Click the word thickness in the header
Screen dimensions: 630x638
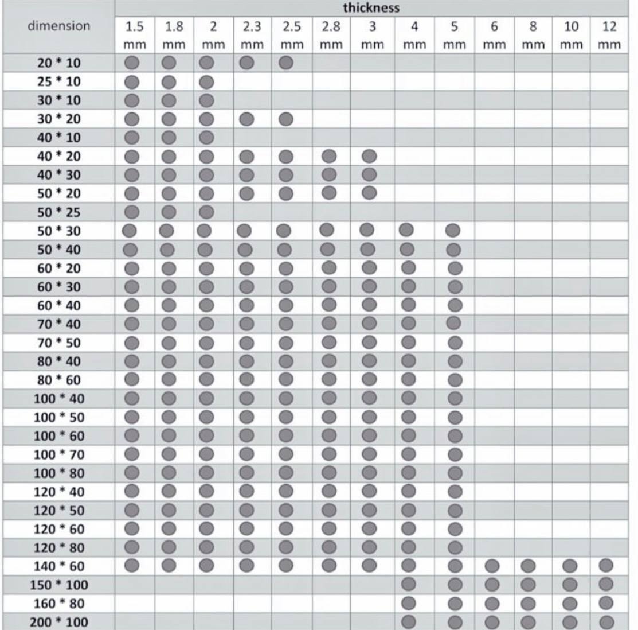point(371,8)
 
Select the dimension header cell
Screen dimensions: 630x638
point(59,26)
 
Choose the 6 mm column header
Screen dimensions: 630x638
point(494,35)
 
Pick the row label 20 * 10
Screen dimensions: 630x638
point(59,63)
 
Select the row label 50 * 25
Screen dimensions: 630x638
point(59,212)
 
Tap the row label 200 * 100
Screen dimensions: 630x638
point(59,622)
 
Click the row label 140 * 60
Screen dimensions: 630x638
point(59,566)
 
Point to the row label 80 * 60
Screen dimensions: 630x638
point(59,380)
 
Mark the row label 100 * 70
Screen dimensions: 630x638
point(59,454)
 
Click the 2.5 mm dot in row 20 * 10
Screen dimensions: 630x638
point(285,63)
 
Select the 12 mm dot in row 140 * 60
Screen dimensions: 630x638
point(606,565)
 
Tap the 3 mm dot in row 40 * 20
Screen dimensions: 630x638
point(369,155)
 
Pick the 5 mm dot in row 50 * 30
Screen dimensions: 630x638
point(453,231)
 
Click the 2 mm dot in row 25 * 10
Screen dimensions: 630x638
point(206,81)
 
